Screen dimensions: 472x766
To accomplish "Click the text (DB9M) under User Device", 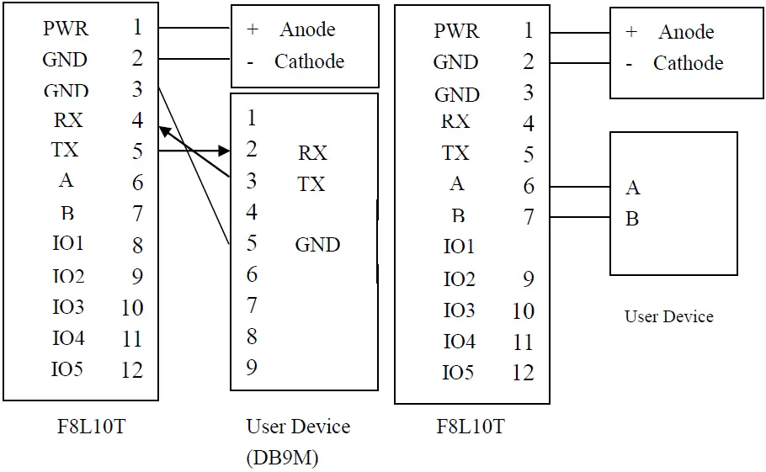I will (x=282, y=457).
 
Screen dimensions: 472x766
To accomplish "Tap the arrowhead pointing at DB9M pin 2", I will (x=224, y=151).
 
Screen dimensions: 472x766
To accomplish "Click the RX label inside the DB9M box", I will (x=312, y=153).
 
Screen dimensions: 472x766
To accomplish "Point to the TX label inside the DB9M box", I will (x=311, y=183).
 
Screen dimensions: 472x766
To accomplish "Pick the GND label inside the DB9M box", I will (x=317, y=245).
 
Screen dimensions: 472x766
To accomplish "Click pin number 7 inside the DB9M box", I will (x=252, y=305).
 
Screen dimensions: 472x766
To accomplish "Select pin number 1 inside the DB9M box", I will (x=252, y=119).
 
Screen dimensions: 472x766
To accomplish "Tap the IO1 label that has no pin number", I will (x=459, y=247).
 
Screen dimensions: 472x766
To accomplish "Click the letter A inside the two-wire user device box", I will (x=632, y=188).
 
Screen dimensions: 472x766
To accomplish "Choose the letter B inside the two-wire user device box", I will (x=632, y=219).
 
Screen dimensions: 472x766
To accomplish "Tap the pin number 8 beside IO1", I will (x=137, y=245).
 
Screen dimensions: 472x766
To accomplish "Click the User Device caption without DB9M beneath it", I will (x=668, y=316).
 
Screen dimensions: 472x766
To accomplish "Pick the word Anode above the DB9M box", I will (x=307, y=29).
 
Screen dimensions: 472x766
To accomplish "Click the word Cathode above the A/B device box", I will (x=688, y=63).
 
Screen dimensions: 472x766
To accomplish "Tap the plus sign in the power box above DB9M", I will (x=253, y=29).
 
